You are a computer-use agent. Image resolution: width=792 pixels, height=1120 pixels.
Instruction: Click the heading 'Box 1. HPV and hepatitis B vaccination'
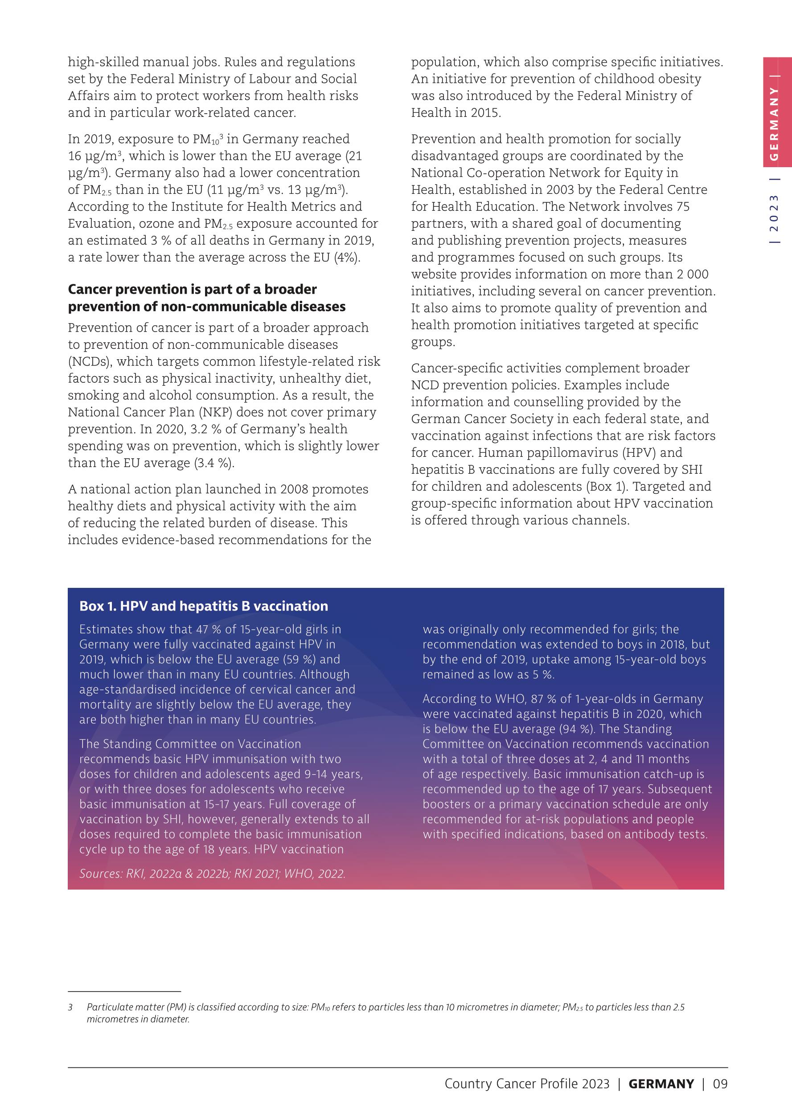203,606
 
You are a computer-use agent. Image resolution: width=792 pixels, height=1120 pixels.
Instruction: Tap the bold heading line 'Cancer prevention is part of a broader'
192,289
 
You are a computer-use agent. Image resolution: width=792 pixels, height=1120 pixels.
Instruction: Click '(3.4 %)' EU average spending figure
214,463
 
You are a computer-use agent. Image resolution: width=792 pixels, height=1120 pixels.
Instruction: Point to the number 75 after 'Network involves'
683,207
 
